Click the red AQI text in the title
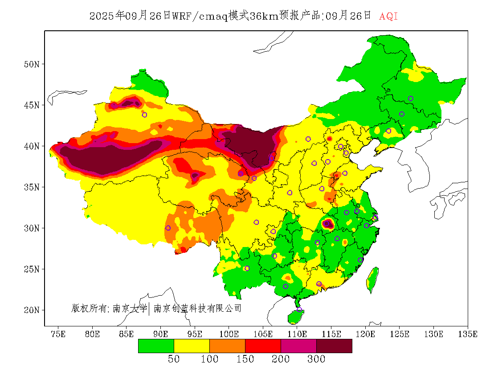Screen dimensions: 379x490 388,16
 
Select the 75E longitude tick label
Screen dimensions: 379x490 58,334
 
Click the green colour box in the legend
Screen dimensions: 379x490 156,346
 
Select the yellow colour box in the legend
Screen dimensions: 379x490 192,346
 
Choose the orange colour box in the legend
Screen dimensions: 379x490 227,346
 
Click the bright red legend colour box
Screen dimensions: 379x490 263,346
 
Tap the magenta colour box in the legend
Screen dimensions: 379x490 298,346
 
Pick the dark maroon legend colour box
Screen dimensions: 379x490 334,346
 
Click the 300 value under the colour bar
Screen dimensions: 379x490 316,359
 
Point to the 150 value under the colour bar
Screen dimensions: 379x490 245,359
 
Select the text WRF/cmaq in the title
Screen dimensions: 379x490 200,16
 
